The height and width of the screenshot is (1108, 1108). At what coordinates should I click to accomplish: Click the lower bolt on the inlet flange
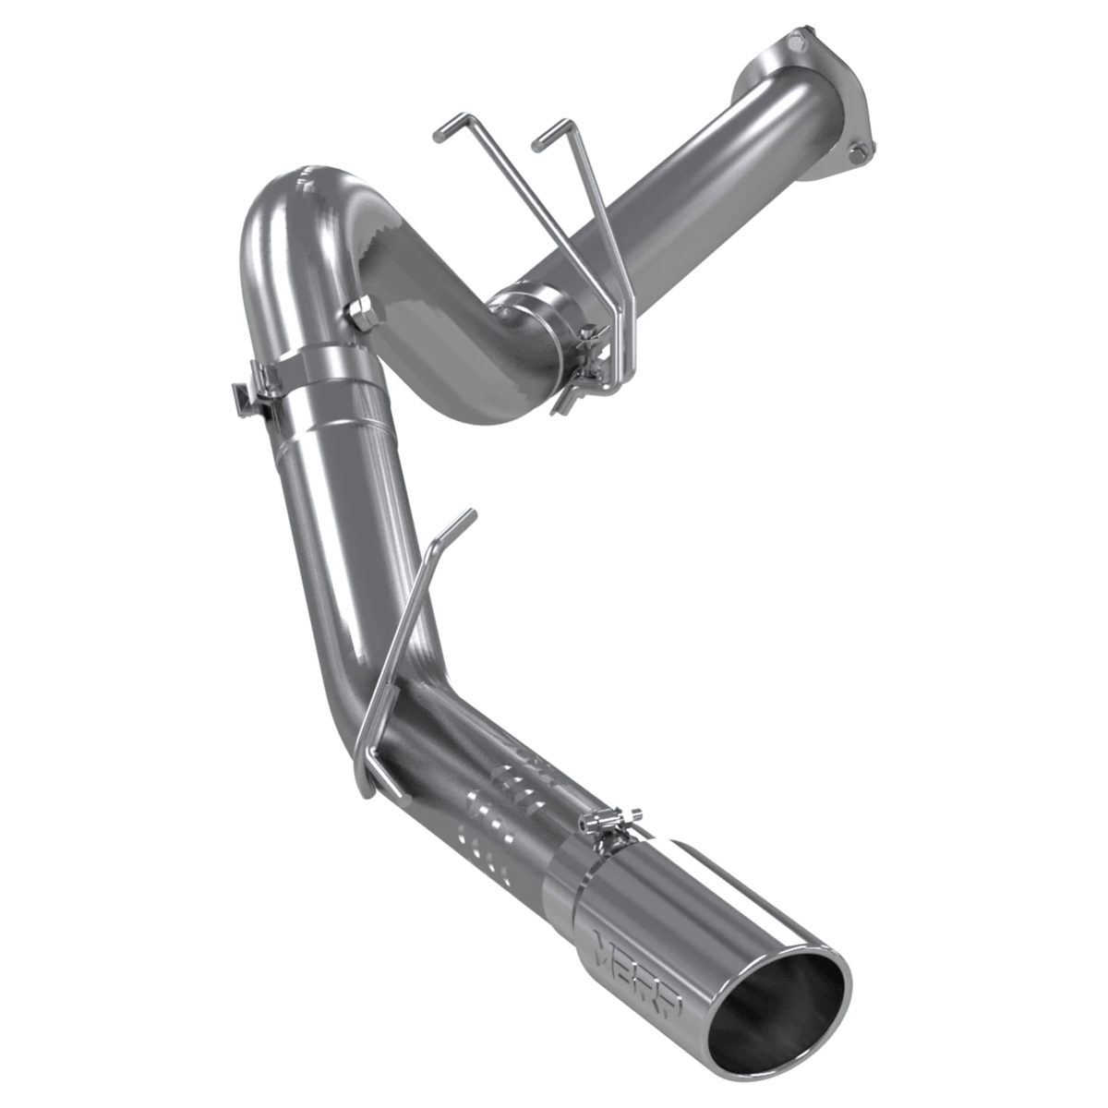coord(860,151)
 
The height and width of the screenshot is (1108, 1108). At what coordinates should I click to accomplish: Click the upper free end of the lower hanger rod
coord(466,518)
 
